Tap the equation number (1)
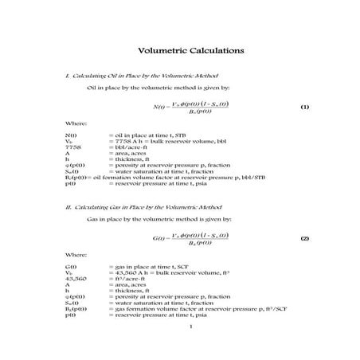(x=304, y=107)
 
